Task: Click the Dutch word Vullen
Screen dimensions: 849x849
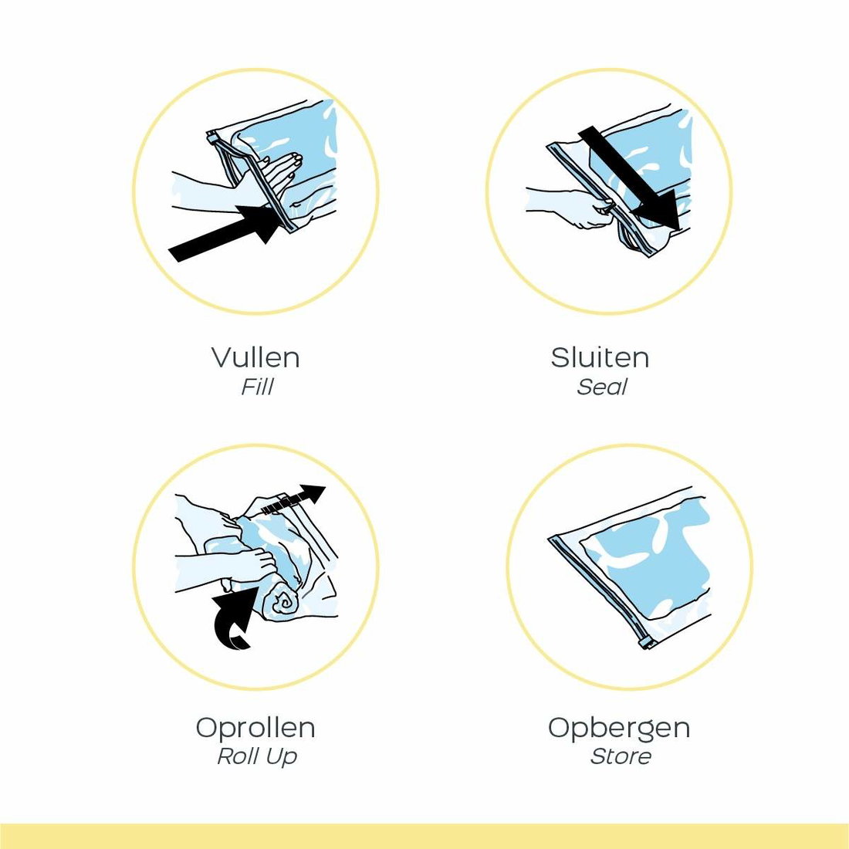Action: click(x=255, y=357)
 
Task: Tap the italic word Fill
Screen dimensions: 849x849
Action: click(x=257, y=387)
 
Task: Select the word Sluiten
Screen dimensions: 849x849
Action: click(x=600, y=357)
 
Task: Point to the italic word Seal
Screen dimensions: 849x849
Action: click(x=601, y=387)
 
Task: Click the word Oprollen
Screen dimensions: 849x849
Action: click(x=255, y=727)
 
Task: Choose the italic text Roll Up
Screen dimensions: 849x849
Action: click(x=257, y=756)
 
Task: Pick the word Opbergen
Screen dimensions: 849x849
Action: click(x=619, y=729)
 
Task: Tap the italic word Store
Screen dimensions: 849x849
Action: click(x=621, y=756)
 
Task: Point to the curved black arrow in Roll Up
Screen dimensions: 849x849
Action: click(x=233, y=617)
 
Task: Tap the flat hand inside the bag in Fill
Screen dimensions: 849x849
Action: click(x=282, y=171)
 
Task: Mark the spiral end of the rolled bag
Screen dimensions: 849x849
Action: click(x=282, y=601)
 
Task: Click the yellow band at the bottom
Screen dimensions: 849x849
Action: click(x=424, y=836)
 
